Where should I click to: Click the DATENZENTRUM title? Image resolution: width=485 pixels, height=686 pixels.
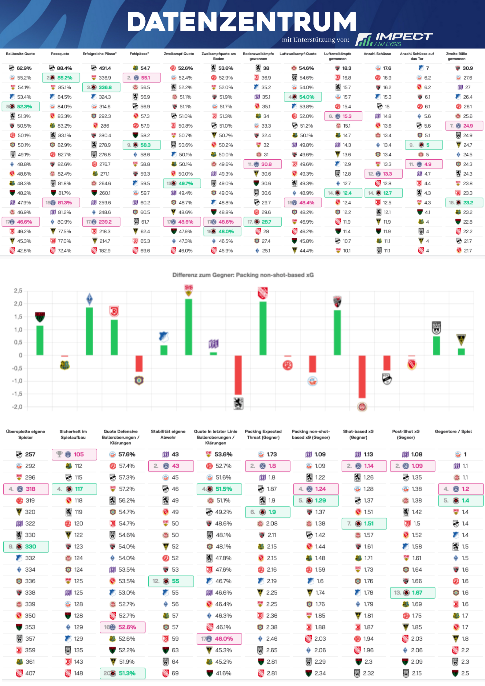[242, 22]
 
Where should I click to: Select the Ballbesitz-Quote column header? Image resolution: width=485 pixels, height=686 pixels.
[20, 54]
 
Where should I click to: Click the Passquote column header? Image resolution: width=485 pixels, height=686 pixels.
[60, 54]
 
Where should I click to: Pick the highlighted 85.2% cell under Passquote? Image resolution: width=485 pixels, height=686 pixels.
[61, 78]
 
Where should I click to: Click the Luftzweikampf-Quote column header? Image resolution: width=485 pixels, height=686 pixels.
[298, 54]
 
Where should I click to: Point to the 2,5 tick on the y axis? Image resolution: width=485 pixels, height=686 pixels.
[18, 291]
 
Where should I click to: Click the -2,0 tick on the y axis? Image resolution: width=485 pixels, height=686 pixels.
[17, 407]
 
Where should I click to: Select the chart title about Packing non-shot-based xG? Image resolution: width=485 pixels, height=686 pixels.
[243, 275]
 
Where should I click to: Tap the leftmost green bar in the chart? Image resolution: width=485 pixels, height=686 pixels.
[40, 340]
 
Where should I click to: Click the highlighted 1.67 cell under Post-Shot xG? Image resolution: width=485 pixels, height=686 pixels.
[413, 593]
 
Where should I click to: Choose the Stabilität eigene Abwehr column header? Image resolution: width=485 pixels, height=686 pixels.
[168, 434]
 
